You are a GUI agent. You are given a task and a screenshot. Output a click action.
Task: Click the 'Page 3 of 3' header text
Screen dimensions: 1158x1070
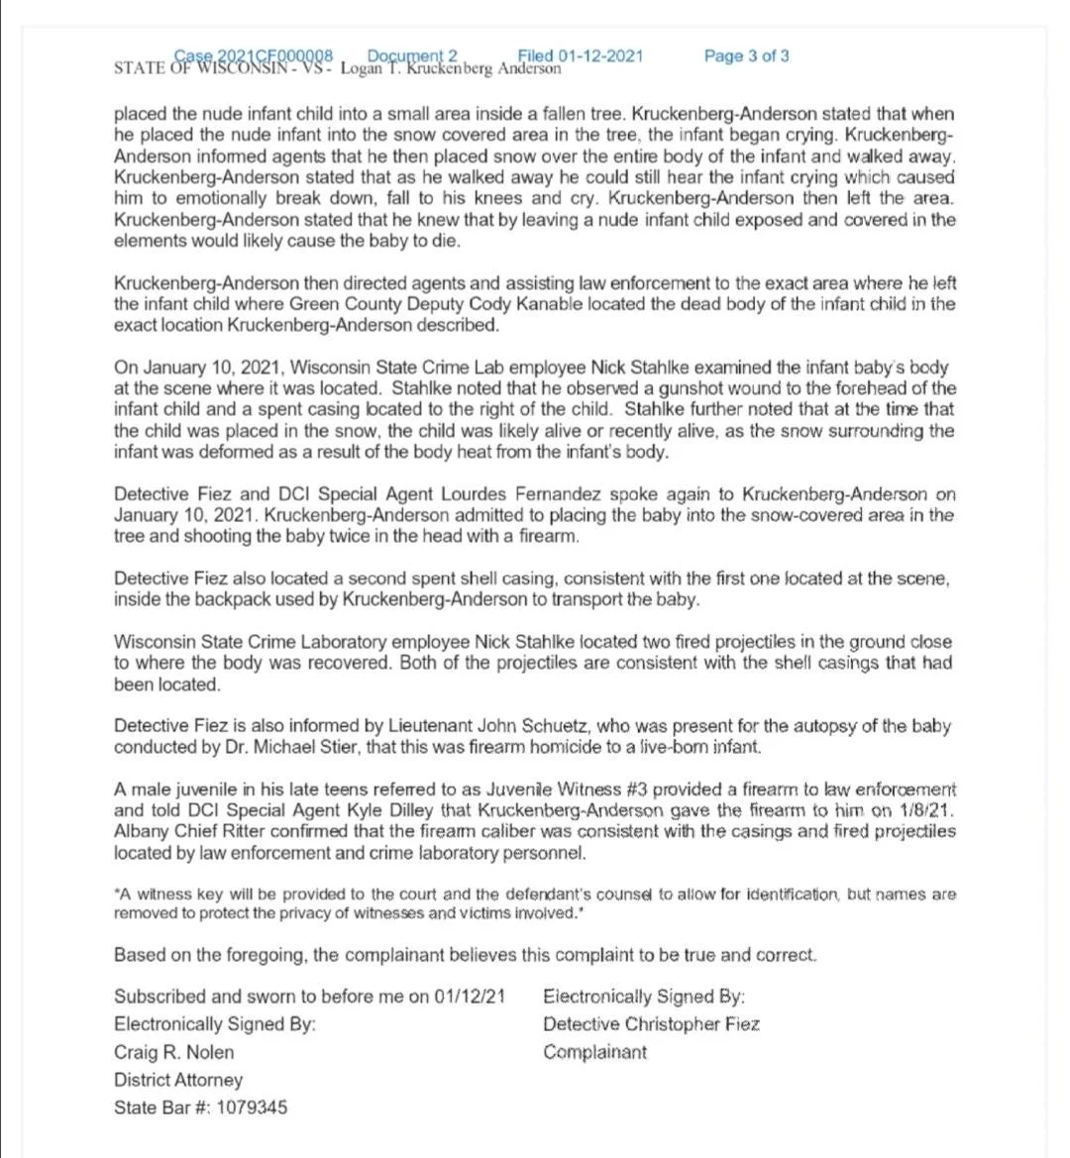pyautogui.click(x=746, y=56)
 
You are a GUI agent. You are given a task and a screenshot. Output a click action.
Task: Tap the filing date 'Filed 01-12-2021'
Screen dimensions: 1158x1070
pyautogui.click(x=580, y=55)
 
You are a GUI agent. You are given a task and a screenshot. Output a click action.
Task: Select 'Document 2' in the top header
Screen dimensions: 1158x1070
pyautogui.click(x=412, y=55)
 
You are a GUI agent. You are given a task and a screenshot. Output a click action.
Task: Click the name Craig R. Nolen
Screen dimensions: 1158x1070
pyautogui.click(x=174, y=1052)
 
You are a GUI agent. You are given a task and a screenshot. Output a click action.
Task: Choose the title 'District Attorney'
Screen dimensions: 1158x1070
pyautogui.click(x=178, y=1080)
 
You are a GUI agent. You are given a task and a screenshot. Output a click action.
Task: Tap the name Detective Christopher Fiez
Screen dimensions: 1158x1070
pyautogui.click(x=651, y=1024)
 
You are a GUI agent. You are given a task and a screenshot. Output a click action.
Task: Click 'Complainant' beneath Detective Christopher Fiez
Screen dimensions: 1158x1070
pyautogui.click(x=594, y=1052)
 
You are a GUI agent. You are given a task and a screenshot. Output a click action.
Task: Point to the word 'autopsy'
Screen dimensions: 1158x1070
pyautogui.click(x=809, y=726)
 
